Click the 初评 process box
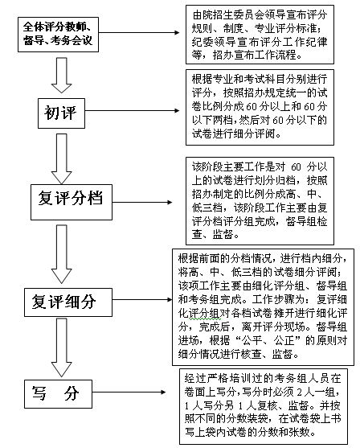point(61,113)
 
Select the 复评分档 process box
point(72,202)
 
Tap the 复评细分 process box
point(68,302)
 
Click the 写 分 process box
point(58,394)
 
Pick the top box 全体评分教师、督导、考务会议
point(58,35)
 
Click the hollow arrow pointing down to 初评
point(61,75)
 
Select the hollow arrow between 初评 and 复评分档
point(61,159)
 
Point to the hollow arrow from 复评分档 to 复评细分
point(61,254)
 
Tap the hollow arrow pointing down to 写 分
point(61,347)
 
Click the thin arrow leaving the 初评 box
point(132,110)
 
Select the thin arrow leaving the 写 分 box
point(129,392)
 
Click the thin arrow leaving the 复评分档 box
point(142,203)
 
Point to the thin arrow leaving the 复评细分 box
point(142,299)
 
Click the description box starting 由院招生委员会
point(260,35)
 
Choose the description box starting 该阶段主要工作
point(260,201)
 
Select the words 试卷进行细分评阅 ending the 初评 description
point(233,134)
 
